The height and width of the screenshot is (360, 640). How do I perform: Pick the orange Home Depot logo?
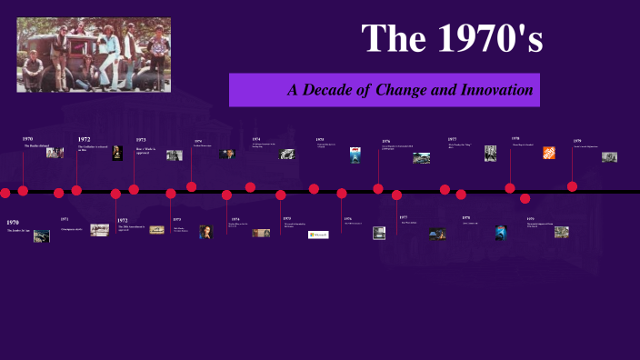point(549,153)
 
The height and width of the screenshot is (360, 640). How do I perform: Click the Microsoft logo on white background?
point(318,234)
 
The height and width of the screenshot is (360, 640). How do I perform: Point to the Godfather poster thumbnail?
point(117,153)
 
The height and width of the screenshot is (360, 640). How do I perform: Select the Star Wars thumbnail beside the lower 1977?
point(436,234)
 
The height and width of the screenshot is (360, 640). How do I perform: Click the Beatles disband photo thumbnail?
point(55,153)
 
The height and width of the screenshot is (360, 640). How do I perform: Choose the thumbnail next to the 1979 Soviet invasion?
point(609,156)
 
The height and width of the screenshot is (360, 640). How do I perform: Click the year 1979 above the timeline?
point(577,141)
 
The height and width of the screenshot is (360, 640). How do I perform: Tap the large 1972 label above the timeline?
point(84,139)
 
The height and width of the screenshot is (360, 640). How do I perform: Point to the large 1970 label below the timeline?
point(12,222)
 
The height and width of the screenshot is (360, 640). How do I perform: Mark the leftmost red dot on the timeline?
point(5,193)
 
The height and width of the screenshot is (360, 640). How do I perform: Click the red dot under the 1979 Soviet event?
point(572,186)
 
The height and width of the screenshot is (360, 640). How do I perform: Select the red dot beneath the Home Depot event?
point(510,188)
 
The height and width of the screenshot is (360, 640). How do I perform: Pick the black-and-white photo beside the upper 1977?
point(490,153)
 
